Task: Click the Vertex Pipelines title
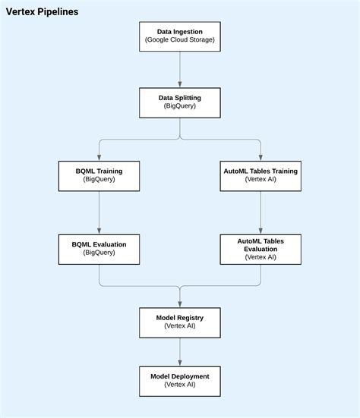click(x=42, y=12)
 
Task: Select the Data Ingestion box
click(x=180, y=36)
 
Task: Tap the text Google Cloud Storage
click(x=180, y=40)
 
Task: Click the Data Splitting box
click(x=180, y=102)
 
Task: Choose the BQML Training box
click(x=99, y=176)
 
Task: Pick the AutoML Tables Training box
click(x=261, y=176)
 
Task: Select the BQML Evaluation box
click(x=99, y=248)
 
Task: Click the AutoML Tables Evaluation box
click(x=261, y=248)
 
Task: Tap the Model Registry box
click(x=180, y=322)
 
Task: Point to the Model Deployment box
click(x=180, y=380)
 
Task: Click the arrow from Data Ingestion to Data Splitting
click(x=180, y=69)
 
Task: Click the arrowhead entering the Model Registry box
click(x=180, y=303)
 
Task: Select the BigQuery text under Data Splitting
click(x=180, y=107)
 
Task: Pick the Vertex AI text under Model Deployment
click(x=180, y=385)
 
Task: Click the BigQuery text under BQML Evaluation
click(x=99, y=253)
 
